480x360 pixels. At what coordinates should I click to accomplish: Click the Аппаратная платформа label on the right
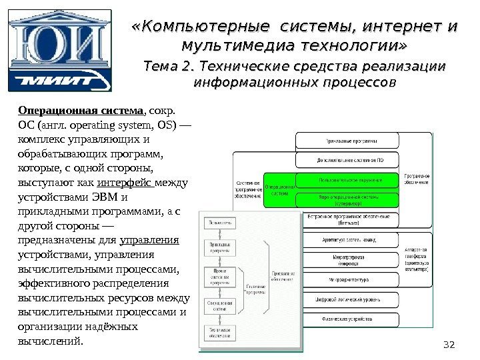[416, 259]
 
